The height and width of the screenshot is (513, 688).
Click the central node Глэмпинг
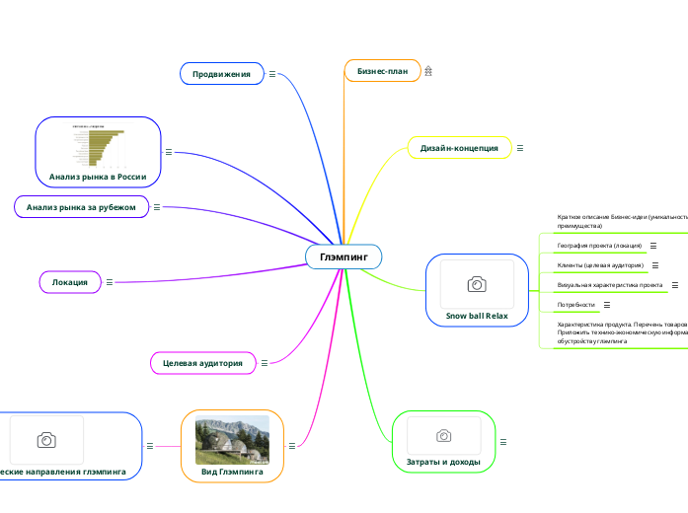click(344, 256)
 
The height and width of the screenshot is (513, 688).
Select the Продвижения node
click(221, 74)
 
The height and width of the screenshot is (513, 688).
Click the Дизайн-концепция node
click(459, 148)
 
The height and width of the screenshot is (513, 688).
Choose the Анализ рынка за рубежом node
click(81, 207)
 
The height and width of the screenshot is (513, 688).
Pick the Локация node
click(70, 282)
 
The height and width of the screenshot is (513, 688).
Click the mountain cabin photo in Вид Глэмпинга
click(232, 440)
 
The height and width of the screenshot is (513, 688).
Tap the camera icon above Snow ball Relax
click(476, 284)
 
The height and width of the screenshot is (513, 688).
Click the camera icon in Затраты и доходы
click(444, 435)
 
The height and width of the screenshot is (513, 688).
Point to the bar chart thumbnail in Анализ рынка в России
click(98, 147)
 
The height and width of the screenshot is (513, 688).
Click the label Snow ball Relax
click(477, 316)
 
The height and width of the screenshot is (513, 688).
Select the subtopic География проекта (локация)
click(599, 245)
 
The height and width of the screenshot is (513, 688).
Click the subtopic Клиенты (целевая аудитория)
click(600, 265)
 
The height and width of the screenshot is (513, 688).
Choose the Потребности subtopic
click(576, 305)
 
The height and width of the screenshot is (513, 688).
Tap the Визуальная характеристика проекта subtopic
click(609, 285)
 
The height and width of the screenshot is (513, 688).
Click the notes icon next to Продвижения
click(272, 74)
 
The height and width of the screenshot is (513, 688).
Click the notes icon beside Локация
click(109, 282)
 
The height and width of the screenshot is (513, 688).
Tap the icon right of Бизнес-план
click(429, 71)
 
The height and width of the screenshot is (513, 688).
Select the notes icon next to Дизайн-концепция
click(520, 148)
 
